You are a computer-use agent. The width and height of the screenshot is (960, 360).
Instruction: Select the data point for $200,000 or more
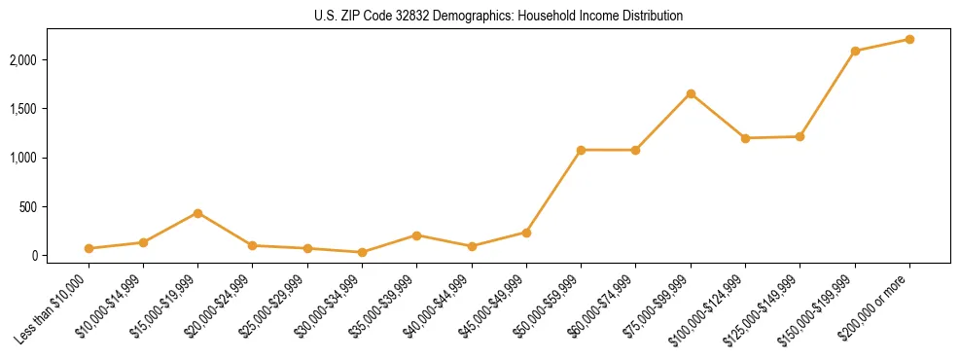pyautogui.click(x=909, y=39)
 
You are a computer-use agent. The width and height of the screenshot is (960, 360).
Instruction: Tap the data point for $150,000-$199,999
pyautogui.click(x=855, y=51)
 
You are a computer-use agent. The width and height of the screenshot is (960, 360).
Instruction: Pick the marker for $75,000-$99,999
pyautogui.click(x=691, y=93)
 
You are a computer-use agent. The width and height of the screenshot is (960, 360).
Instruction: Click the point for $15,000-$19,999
pyautogui.click(x=198, y=213)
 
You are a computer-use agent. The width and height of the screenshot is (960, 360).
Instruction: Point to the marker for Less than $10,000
pyautogui.click(x=89, y=248)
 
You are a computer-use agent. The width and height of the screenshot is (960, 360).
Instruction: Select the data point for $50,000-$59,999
pyautogui.click(x=581, y=150)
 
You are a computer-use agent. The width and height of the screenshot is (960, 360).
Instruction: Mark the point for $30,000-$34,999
pyautogui.click(x=362, y=252)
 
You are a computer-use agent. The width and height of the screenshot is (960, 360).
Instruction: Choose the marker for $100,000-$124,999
pyautogui.click(x=745, y=138)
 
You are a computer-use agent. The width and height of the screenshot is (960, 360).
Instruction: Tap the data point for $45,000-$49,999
pyautogui.click(x=526, y=233)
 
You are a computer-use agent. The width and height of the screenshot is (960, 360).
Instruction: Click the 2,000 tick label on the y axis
pyautogui.click(x=49, y=60)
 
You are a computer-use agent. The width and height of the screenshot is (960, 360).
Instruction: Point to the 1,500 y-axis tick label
pyautogui.click(x=49, y=109)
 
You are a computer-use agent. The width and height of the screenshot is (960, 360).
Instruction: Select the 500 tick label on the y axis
pyautogui.click(x=54, y=206)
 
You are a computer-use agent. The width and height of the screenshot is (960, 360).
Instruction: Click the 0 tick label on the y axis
pyautogui.click(x=60, y=256)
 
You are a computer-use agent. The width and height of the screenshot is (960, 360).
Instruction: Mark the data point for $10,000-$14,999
pyautogui.click(x=143, y=242)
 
